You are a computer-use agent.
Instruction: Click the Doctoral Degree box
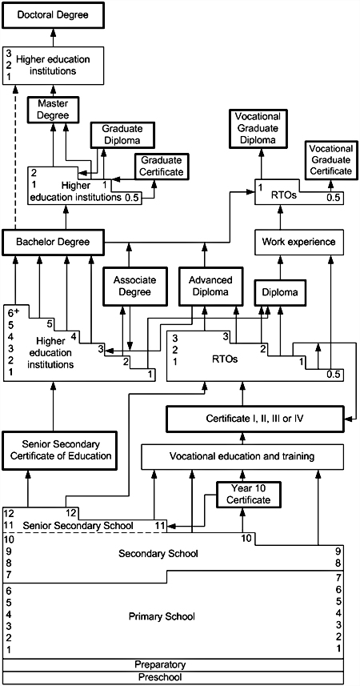54,16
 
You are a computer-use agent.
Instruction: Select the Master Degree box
54,110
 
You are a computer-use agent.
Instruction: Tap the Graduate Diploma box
123,134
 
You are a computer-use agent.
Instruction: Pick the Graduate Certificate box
162,166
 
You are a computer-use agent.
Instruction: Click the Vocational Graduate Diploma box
261,129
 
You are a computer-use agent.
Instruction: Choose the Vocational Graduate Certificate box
330,158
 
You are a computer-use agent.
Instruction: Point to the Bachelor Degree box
54,242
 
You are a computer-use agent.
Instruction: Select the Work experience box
298,242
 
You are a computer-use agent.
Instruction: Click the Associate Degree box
129,286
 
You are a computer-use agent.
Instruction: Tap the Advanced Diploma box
205,286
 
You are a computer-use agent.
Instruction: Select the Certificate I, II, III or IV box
255,419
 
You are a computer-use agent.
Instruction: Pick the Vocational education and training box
242,457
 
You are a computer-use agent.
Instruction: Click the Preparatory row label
160,664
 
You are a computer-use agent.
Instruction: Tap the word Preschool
160,677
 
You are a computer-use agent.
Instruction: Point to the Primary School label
162,616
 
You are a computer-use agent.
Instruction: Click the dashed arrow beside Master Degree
15,157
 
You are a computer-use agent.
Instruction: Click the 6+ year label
12,313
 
